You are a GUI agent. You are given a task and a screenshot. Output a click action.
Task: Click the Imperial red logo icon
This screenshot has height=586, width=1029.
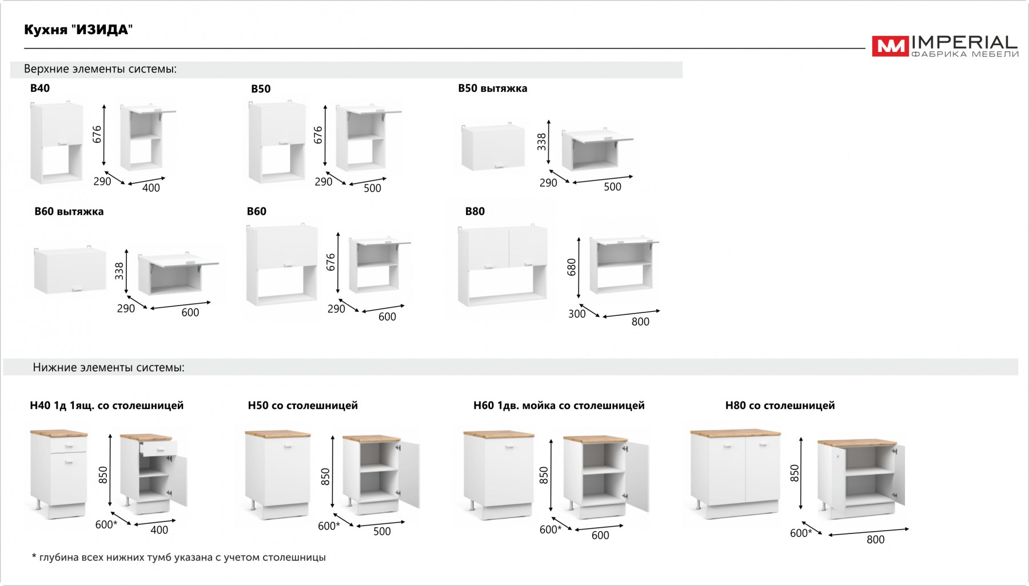(x=890, y=46)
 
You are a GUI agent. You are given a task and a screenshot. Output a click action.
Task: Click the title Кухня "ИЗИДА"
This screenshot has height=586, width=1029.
(x=78, y=30)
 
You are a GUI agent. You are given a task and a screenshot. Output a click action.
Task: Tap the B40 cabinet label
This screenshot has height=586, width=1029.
(x=40, y=88)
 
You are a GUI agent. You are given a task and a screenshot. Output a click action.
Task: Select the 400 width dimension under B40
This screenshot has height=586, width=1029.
(x=151, y=188)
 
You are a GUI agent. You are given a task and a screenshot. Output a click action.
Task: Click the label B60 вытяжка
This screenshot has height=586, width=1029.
(x=69, y=211)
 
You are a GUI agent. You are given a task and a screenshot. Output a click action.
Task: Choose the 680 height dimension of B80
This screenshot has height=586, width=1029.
(x=572, y=267)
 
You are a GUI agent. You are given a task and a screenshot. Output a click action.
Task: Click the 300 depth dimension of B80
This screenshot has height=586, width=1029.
(x=577, y=314)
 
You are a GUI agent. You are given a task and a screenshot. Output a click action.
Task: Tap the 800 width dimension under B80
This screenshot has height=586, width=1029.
(x=640, y=322)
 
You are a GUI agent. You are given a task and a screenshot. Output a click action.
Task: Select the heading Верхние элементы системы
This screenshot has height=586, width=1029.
(x=100, y=69)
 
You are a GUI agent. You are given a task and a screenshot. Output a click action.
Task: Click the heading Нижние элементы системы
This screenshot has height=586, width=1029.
(x=109, y=367)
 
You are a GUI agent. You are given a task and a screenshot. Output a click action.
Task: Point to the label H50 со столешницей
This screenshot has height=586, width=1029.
(x=303, y=406)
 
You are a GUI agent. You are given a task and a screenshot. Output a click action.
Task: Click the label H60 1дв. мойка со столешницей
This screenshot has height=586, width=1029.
(x=559, y=406)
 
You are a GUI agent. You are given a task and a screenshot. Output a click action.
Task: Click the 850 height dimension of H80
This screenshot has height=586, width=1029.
(x=795, y=473)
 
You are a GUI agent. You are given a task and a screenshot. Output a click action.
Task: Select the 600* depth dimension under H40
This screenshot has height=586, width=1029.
(x=106, y=524)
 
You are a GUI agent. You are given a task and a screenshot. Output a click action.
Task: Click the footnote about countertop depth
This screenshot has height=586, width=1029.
(x=178, y=557)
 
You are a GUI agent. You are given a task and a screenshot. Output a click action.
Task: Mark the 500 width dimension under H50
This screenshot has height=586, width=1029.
(x=382, y=531)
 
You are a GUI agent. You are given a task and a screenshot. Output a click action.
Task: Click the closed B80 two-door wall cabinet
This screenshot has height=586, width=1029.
(x=503, y=266)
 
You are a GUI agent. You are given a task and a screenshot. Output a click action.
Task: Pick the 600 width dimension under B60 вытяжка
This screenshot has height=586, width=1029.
(x=190, y=312)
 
